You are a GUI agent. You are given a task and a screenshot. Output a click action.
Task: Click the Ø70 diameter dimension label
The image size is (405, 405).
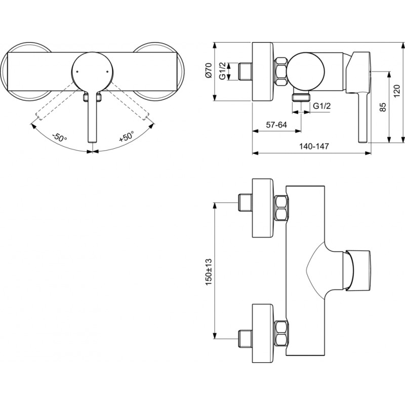click(x=209, y=70)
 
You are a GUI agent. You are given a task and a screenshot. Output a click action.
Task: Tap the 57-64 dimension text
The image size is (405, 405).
click(x=276, y=125)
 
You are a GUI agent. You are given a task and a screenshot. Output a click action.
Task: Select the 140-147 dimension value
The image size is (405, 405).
click(x=314, y=146)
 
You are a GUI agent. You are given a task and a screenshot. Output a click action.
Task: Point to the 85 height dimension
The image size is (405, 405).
click(x=383, y=107)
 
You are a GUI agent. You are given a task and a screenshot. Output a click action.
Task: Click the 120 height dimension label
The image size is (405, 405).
click(x=396, y=91)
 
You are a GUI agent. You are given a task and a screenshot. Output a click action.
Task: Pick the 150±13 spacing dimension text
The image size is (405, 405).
click(x=209, y=271)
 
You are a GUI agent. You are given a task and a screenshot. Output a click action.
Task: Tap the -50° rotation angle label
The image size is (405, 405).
click(x=59, y=137)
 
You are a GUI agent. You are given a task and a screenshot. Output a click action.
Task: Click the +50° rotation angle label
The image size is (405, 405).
click(x=126, y=136)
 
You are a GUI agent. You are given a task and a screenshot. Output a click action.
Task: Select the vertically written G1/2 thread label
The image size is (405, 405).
click(x=222, y=70)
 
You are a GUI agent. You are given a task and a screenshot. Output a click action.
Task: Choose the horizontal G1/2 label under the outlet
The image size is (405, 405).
click(x=321, y=106)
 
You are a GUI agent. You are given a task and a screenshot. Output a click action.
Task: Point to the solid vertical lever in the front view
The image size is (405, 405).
click(x=93, y=117)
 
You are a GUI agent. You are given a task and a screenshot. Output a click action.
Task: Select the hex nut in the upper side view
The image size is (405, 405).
click(x=281, y=71)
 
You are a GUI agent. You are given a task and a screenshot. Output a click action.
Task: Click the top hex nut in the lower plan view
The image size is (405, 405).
click(x=281, y=208)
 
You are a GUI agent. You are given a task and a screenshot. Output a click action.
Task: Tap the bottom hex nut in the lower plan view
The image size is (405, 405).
click(x=281, y=334)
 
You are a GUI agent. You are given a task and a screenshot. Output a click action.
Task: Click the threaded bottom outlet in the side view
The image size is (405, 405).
click(x=301, y=97)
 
